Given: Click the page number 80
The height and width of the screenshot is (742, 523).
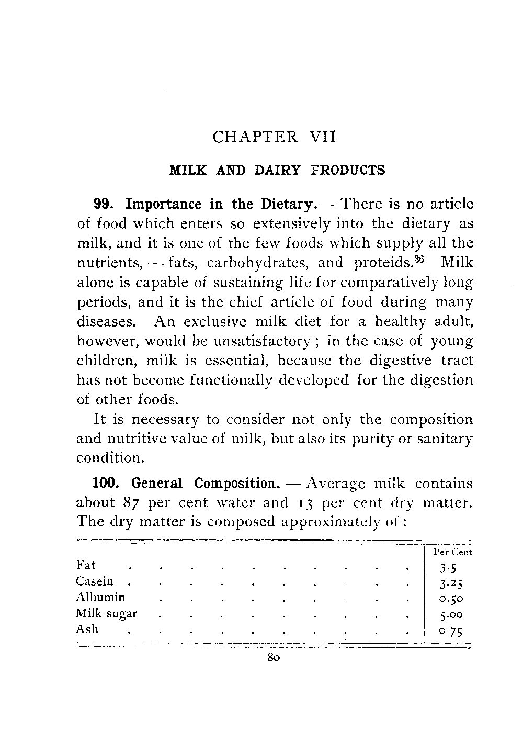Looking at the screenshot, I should click(x=274, y=658).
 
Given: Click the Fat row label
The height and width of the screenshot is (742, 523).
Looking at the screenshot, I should click(x=86, y=565).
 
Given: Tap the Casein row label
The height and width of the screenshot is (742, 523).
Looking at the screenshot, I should click(x=94, y=581).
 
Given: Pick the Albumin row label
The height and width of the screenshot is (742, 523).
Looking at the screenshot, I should click(x=100, y=597).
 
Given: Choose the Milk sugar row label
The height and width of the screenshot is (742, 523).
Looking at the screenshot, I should click(x=107, y=613).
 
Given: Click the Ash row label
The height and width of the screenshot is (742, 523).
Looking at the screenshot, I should click(x=87, y=629).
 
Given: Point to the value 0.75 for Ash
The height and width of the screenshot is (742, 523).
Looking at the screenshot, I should click(x=451, y=631).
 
